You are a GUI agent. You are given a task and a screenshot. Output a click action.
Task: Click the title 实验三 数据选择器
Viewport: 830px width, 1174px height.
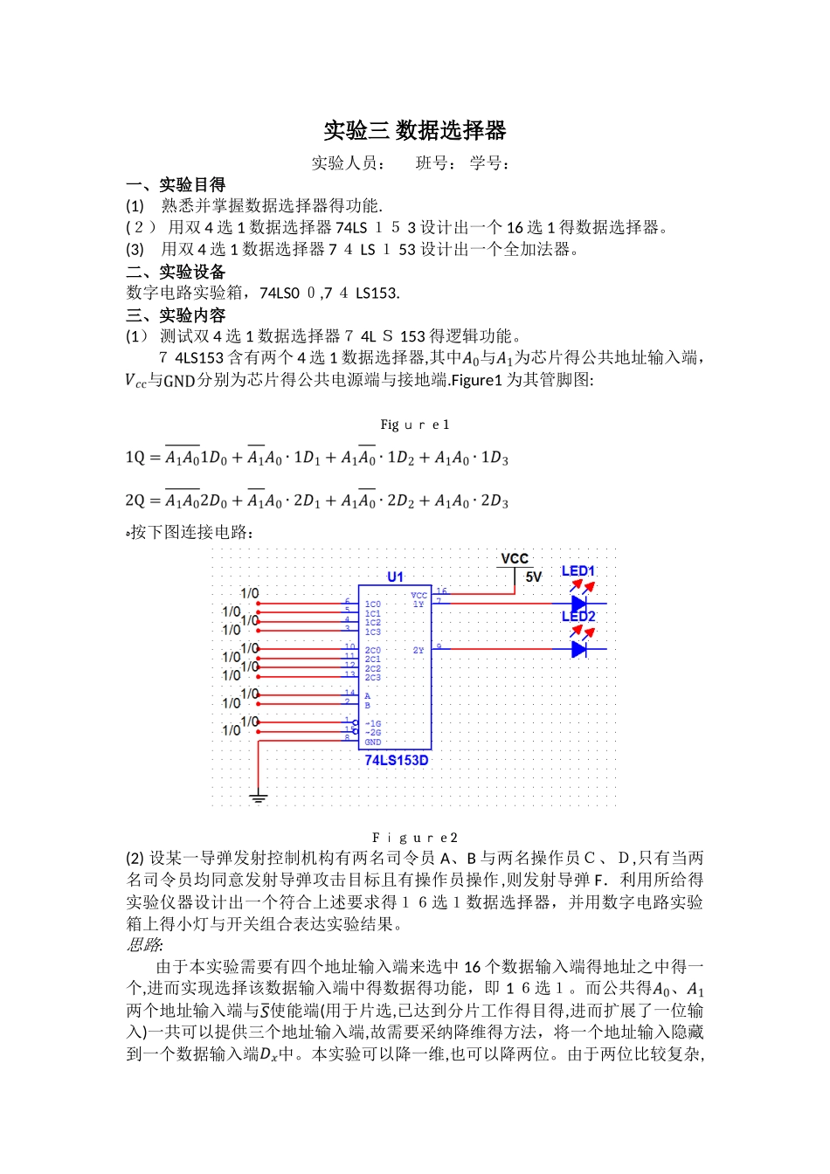[x=415, y=131]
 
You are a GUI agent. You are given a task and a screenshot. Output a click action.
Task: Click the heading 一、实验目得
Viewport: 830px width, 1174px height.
[x=176, y=184]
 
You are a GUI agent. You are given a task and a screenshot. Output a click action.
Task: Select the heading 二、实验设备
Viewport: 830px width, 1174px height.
[x=176, y=272]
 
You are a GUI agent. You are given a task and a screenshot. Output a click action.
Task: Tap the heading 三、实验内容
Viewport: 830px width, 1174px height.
[x=176, y=315]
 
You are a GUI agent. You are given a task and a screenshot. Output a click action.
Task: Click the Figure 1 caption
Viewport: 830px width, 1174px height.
[x=415, y=425]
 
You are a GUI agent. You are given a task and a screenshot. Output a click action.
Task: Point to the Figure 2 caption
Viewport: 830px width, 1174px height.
[x=415, y=837]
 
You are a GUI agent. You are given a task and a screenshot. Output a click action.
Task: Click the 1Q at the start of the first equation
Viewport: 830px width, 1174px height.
[x=135, y=458]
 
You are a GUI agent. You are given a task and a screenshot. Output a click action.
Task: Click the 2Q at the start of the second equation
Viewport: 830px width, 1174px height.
[x=135, y=501]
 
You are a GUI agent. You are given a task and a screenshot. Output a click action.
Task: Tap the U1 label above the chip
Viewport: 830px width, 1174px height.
[x=395, y=577]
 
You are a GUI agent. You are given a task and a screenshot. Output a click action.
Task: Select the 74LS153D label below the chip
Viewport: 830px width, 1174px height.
[x=397, y=760]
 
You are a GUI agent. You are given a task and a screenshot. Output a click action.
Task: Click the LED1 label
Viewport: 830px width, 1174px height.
[x=578, y=571]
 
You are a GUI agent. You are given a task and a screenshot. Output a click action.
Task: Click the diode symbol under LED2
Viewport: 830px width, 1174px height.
[x=578, y=649]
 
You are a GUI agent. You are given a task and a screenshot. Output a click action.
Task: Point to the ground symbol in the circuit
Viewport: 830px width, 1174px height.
[x=258, y=797]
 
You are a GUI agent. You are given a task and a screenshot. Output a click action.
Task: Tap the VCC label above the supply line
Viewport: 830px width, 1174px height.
[x=515, y=558]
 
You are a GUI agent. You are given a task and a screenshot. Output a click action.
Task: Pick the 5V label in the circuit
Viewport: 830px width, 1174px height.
[x=533, y=577]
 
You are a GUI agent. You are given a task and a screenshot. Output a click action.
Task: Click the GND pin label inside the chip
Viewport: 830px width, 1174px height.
[x=373, y=742]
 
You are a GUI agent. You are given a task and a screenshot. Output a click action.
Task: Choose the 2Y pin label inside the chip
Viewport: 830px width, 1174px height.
[x=418, y=650]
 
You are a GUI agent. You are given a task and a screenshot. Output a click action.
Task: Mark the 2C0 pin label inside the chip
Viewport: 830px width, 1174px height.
[x=373, y=650]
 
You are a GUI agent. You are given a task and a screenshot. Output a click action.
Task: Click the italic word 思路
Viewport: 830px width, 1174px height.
[x=144, y=944]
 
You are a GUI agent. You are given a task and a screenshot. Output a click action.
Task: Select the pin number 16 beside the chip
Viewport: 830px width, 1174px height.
[x=442, y=591]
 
